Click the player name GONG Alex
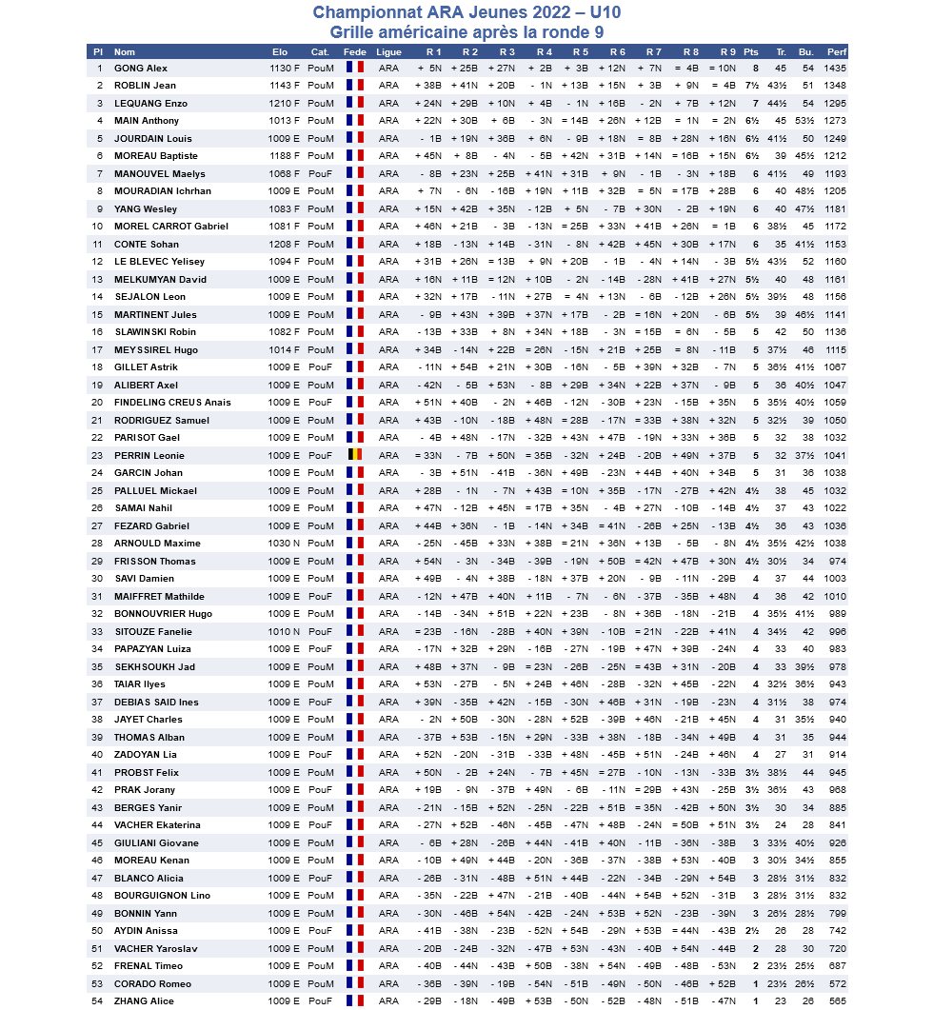point(141,69)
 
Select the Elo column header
point(280,51)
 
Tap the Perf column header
point(837,51)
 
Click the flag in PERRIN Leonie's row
point(354,455)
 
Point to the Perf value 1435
point(835,69)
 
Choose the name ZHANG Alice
point(143,1001)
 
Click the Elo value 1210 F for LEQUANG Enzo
point(285,104)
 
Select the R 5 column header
point(580,51)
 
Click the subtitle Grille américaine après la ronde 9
point(466,30)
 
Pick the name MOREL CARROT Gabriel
point(171,227)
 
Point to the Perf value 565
point(837,1001)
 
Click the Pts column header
point(751,51)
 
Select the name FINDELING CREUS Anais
point(172,403)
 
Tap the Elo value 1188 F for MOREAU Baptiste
point(285,156)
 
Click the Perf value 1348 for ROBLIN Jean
point(835,86)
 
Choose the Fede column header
point(354,51)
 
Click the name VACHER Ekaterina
point(157,825)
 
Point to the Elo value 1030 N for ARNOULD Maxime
point(285,544)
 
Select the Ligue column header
point(388,51)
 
